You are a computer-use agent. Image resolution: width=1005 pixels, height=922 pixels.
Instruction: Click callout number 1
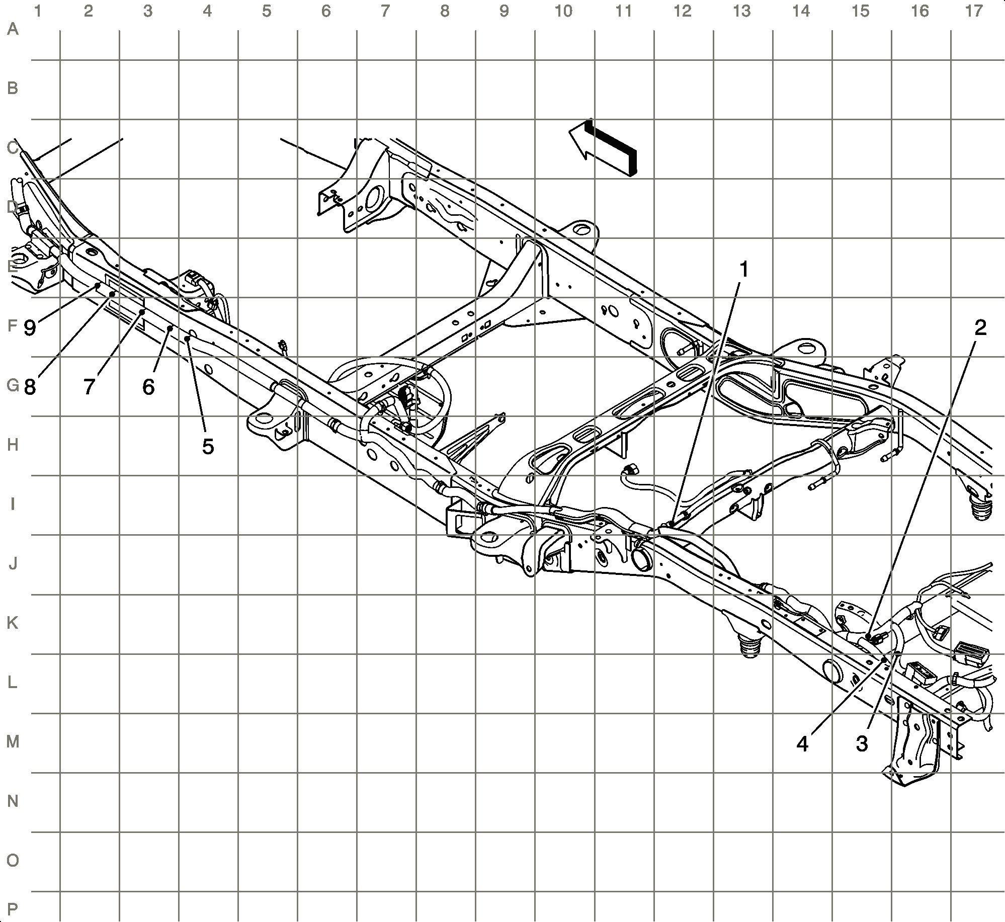point(743,270)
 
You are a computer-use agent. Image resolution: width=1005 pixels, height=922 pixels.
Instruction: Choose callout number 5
point(208,446)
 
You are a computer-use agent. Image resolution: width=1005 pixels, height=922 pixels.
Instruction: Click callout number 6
point(148,387)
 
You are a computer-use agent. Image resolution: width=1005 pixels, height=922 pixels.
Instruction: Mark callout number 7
point(89,387)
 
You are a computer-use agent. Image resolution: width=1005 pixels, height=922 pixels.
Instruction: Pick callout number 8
point(30,387)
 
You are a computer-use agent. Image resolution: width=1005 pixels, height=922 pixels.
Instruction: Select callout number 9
point(30,328)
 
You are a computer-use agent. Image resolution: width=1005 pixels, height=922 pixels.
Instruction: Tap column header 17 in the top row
point(974,11)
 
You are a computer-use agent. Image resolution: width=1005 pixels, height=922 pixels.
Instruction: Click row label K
point(13,623)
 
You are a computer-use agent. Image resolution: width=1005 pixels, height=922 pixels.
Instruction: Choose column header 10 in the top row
point(563,11)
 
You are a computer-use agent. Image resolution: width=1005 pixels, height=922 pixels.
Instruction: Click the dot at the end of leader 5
point(187,339)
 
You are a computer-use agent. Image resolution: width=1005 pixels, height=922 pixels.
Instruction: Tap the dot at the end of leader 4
point(884,659)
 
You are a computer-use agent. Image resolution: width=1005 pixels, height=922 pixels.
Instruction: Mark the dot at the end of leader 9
point(97,285)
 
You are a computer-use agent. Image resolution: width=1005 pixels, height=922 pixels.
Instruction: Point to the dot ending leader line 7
point(143,312)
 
